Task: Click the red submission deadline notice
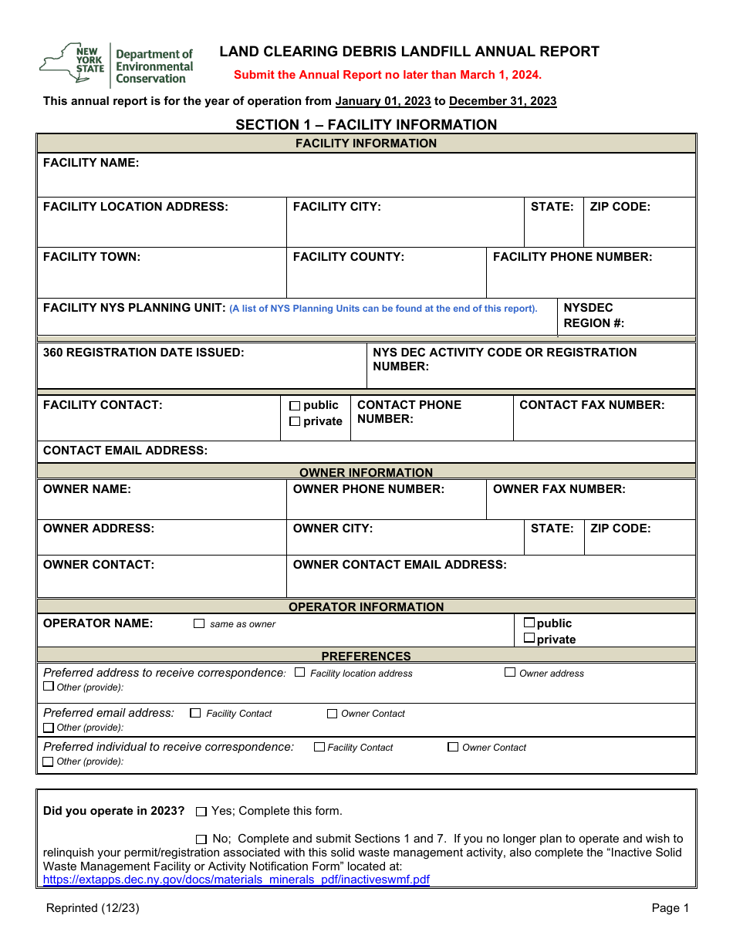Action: (387, 75)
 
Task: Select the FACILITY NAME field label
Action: (91, 163)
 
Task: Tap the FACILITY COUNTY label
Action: (348, 257)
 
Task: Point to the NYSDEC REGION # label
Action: (593, 316)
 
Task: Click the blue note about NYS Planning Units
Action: (383, 309)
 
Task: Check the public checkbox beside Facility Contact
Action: (295, 406)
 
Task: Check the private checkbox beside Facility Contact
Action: (295, 421)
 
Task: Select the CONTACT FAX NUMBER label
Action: (592, 405)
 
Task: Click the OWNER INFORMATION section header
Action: (366, 472)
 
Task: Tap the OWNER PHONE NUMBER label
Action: (368, 489)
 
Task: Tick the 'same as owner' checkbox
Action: (199, 623)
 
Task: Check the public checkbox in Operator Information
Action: (529, 623)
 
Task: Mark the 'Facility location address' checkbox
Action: (300, 673)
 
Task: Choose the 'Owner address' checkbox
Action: (510, 673)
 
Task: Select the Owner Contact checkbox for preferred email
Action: (332, 714)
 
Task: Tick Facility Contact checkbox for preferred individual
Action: (319, 747)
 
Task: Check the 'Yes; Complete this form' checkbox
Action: (201, 812)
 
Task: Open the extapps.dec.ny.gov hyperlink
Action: (236, 880)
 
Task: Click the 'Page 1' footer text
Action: (670, 908)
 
